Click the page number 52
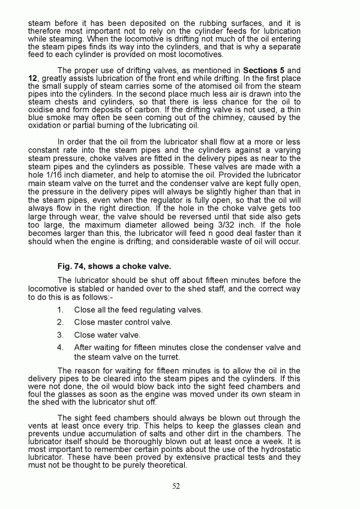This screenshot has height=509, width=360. (x=176, y=486)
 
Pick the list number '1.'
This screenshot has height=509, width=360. (x=61, y=310)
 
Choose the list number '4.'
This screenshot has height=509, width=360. (x=61, y=347)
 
